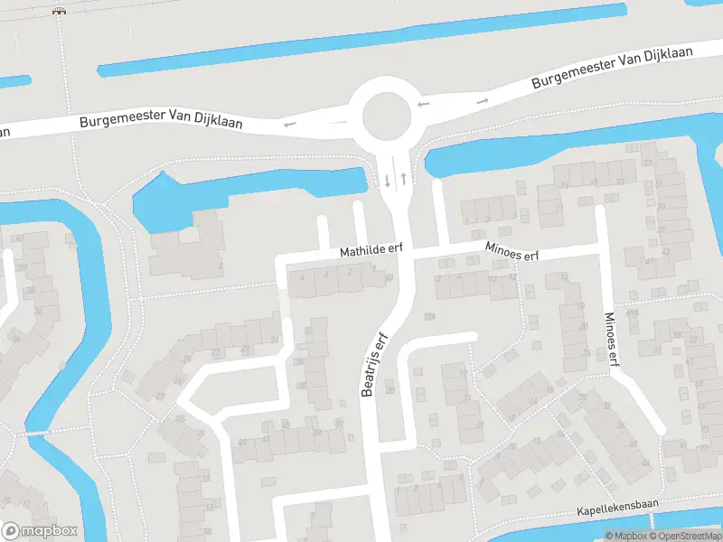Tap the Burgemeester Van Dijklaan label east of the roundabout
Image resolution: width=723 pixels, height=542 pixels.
(x=612, y=67)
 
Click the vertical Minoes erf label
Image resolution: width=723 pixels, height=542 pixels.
(x=613, y=339)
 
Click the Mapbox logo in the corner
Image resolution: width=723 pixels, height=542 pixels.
(x=40, y=531)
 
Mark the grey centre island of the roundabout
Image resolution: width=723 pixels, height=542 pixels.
(x=387, y=116)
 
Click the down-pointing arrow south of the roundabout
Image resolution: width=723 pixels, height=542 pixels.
(x=388, y=180)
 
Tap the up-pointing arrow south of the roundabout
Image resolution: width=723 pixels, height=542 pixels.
(x=403, y=178)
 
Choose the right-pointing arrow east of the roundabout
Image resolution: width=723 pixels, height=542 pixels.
(x=483, y=100)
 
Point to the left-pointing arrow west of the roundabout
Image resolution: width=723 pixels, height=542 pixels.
(x=289, y=125)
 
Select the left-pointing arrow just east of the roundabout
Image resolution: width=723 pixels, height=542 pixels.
(x=424, y=105)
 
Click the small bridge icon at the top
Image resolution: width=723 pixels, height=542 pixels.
(x=60, y=11)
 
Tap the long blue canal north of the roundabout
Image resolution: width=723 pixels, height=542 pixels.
(x=361, y=42)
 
